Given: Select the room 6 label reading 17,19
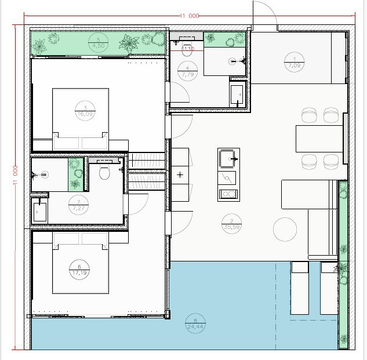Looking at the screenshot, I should pyautogui.click(x=79, y=270).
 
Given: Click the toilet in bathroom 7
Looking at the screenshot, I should pyautogui.click(x=104, y=172).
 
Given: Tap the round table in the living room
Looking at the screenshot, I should pyautogui.click(x=286, y=228).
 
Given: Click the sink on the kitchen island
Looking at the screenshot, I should pyautogui.click(x=227, y=157).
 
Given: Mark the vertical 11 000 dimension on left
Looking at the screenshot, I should pyautogui.click(x=15, y=174).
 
